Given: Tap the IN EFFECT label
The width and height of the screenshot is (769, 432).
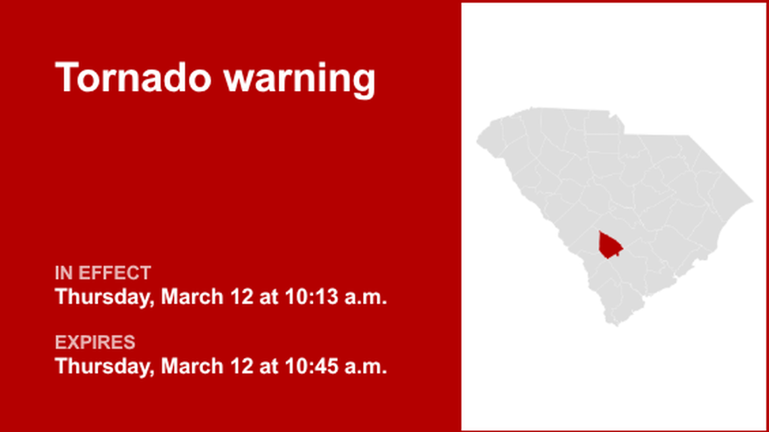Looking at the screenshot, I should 103,273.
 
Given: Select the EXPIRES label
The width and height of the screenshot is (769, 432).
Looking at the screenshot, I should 95,342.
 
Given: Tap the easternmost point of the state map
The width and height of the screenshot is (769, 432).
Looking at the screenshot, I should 752,201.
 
